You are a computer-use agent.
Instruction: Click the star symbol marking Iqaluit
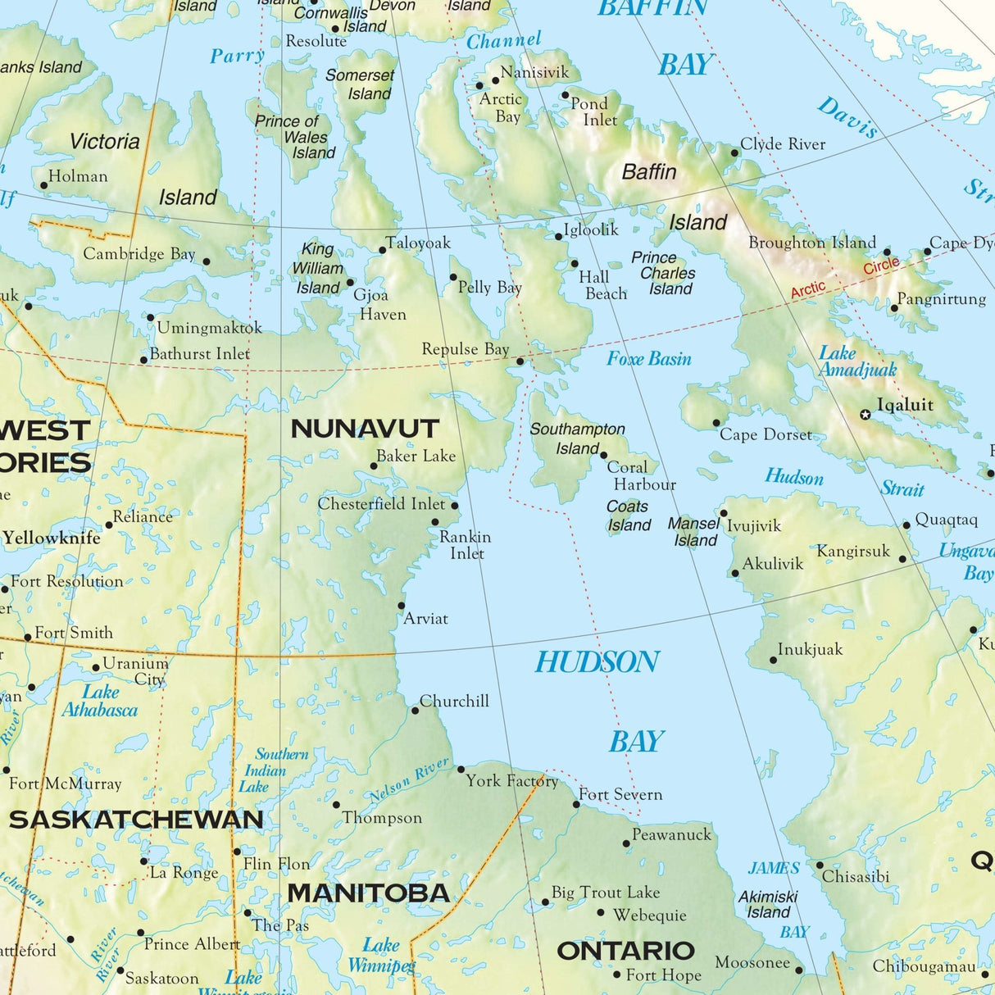tap(865, 415)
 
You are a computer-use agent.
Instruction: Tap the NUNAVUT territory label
tap(365, 429)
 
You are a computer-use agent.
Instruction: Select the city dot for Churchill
tap(415, 711)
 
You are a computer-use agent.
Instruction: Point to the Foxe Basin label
tap(648, 359)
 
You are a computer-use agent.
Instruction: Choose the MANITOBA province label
tap(368, 893)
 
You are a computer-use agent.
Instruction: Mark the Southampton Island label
tap(577, 438)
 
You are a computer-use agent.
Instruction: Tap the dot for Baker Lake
tap(374, 466)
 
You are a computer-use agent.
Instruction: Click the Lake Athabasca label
tap(100, 701)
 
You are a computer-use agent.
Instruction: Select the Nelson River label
tap(409, 779)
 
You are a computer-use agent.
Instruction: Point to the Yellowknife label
tap(52, 538)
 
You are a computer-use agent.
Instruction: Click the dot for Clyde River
tap(735, 152)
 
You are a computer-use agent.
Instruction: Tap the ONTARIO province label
tap(625, 951)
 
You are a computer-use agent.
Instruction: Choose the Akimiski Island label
tap(768, 904)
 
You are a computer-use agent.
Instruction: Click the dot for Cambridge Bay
tap(206, 262)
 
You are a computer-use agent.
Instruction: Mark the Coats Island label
tap(629, 516)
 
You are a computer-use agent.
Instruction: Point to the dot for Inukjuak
tap(773, 660)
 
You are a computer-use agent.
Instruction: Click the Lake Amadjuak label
tap(857, 361)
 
